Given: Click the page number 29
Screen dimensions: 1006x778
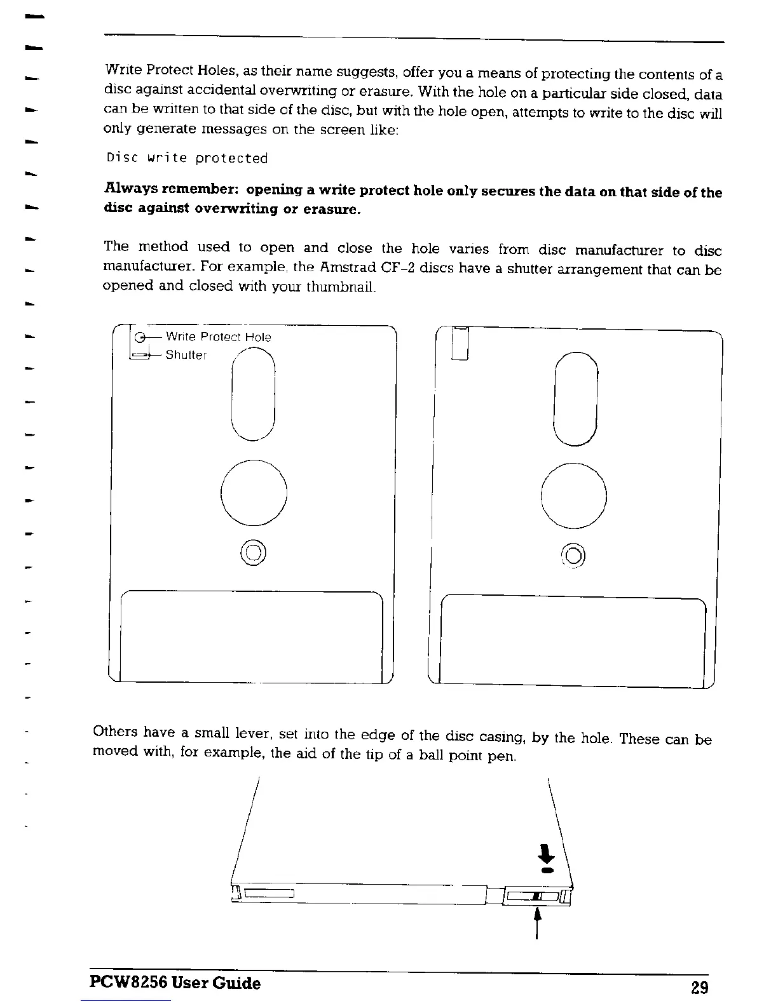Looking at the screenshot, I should (x=699, y=987).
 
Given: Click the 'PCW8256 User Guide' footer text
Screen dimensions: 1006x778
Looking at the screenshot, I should (x=175, y=983).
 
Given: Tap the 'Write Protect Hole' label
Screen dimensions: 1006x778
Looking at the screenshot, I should (x=218, y=337).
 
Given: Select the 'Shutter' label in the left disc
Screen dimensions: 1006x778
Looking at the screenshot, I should (x=186, y=354).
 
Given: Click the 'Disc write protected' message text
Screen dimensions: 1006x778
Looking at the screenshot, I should (x=187, y=158).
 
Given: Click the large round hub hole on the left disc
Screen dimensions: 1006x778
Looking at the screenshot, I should (x=254, y=492).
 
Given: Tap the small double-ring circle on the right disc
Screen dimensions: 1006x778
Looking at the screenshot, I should (x=573, y=556).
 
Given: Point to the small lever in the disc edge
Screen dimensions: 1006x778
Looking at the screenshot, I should (x=538, y=896).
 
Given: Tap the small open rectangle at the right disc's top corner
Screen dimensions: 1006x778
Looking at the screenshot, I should (x=460, y=344).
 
